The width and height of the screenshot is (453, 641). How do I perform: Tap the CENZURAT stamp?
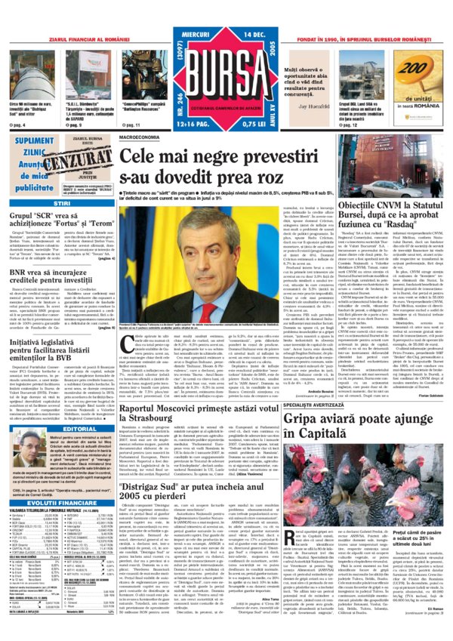[x=75, y=160]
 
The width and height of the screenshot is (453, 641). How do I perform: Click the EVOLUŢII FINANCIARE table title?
[x=57, y=459]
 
